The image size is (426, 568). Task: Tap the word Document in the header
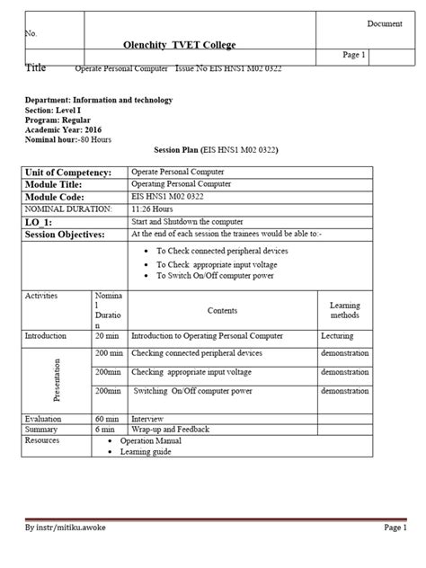coord(383,22)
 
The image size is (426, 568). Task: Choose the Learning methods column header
coord(344,310)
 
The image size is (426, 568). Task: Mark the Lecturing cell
coord(339,336)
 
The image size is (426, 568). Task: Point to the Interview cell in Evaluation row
coord(147,419)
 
